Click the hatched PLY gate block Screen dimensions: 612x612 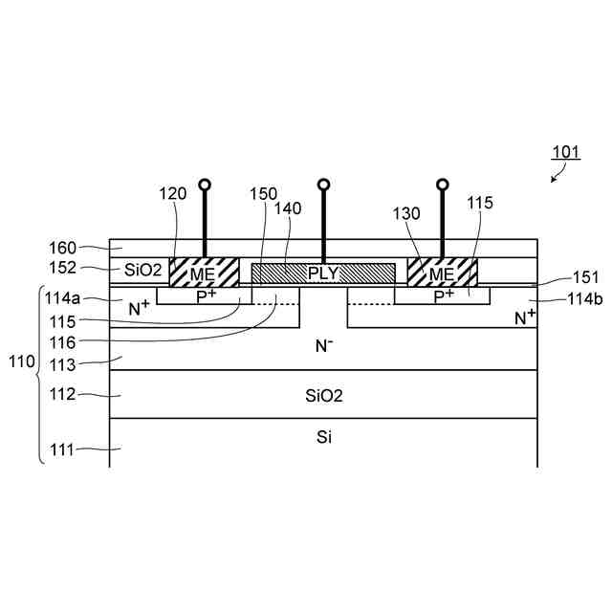click(323, 273)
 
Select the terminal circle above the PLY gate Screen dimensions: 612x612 click(323, 184)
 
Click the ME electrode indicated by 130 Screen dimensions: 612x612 click(442, 272)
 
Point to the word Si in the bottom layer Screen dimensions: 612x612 click(323, 438)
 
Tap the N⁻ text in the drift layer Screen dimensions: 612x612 click(323, 346)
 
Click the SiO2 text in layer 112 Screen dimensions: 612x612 click(323, 394)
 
